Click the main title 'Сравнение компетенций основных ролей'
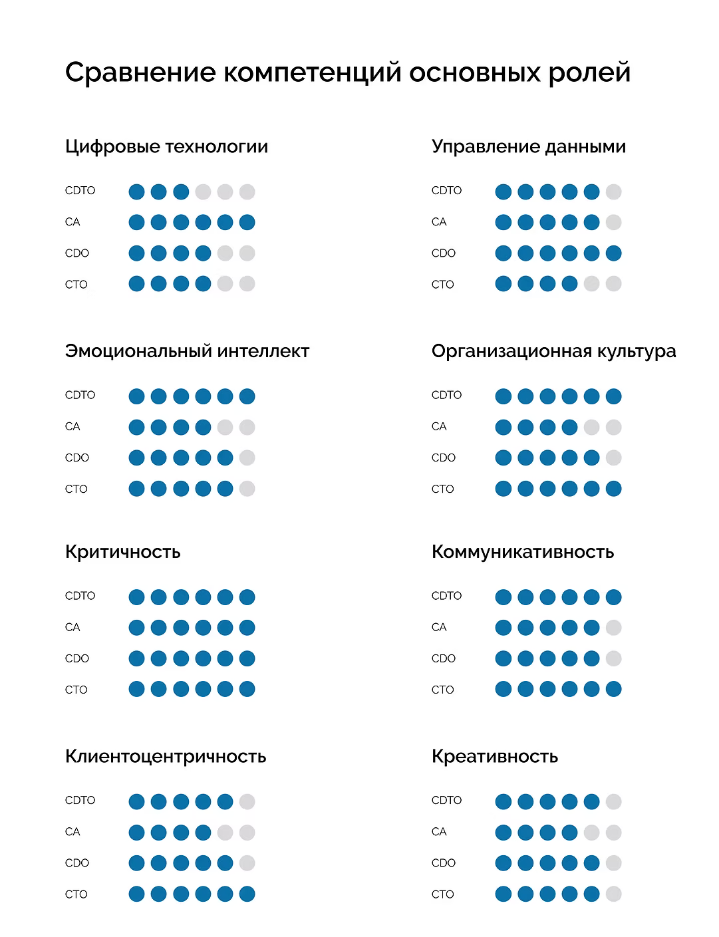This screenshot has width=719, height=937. coord(347,72)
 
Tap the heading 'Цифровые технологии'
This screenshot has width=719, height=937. coord(166,146)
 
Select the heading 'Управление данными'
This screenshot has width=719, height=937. coord(529,146)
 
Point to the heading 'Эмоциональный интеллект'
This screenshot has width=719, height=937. coord(187,350)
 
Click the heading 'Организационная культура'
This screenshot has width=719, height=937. coord(553,350)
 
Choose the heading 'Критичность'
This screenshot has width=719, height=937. coord(122,551)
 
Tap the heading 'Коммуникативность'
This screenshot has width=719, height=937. coord(522,551)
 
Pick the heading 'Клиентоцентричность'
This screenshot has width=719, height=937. coord(166,756)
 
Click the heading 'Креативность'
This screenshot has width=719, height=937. coord(494,756)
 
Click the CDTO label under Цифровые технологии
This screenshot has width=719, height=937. coord(80,191)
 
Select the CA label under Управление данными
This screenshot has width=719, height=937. coord(439,222)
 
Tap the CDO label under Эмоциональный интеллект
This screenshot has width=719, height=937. coord(77,458)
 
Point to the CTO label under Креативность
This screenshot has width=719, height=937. coord(442,894)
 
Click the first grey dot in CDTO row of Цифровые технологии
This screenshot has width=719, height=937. coord(203,192)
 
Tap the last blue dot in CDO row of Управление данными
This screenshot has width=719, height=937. coord(613,253)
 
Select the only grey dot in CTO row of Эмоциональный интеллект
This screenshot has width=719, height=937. coord(247,489)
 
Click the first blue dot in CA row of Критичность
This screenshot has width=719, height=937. coord(136,628)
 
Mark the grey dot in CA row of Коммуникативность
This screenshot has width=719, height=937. coord(613,628)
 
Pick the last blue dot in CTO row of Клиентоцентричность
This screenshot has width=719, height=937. coord(247,894)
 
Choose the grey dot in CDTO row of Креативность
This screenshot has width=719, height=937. coord(613,802)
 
